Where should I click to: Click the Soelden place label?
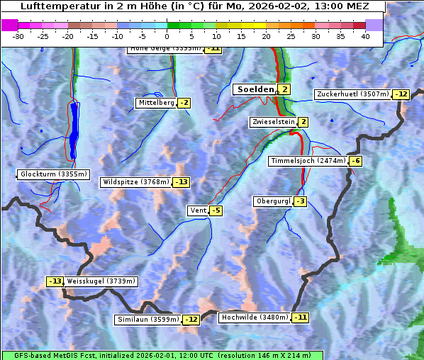(255, 89)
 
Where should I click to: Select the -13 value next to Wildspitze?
(182, 182)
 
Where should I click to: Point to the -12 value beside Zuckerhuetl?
(402, 94)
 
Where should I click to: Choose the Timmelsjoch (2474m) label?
(308, 161)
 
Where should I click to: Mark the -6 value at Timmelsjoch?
(355, 161)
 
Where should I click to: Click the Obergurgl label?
(272, 201)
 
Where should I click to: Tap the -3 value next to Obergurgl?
(300, 201)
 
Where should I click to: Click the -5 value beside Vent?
(216, 210)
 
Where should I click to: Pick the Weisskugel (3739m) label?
(101, 281)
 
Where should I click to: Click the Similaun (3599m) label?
(147, 320)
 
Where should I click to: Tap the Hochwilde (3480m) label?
(254, 317)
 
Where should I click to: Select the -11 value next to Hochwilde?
(301, 317)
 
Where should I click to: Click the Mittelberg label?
(155, 103)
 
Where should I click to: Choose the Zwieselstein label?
(273, 122)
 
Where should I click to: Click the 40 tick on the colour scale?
(365, 36)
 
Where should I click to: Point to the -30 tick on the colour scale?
(18, 36)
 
